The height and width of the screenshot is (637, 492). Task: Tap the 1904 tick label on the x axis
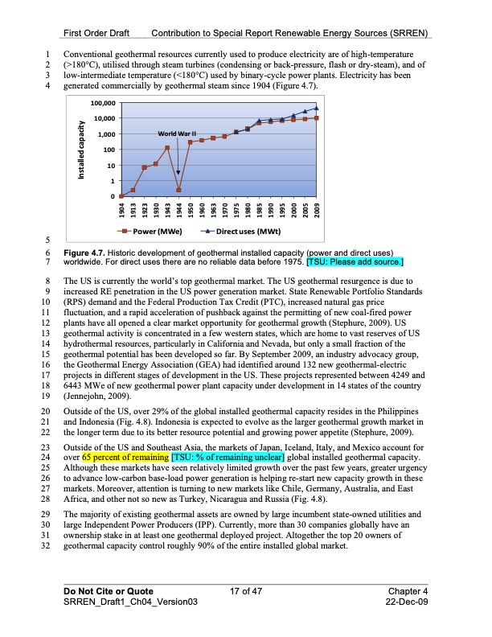click(121, 210)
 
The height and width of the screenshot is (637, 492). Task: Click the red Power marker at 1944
click(178, 191)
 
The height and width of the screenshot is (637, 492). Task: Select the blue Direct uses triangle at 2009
click(317, 108)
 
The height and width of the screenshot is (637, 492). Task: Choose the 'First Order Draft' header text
click(101, 33)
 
